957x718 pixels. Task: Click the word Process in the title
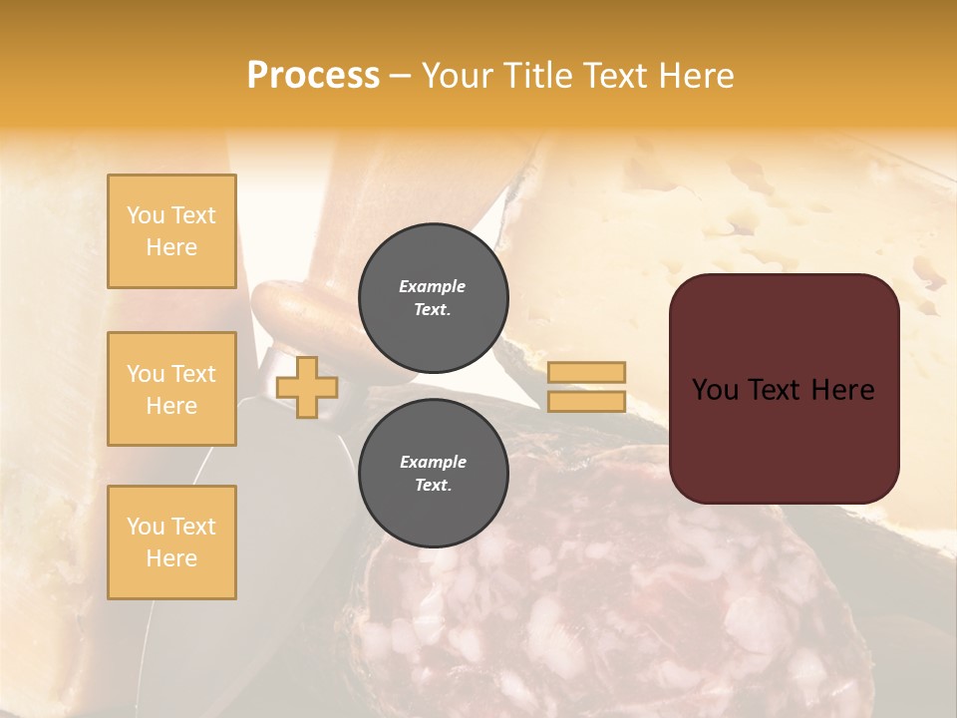click(x=313, y=76)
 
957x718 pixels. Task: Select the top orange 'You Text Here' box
click(x=171, y=231)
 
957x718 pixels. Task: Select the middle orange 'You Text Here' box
click(x=171, y=389)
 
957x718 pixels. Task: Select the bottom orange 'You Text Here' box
click(x=171, y=541)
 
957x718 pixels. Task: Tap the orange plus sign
click(x=307, y=388)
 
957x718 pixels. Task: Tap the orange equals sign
click(x=586, y=387)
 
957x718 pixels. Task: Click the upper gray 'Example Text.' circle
click(x=433, y=298)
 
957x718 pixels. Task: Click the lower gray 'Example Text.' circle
click(x=433, y=474)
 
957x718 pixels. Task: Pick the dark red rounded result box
click(x=784, y=389)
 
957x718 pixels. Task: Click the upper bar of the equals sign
click(x=586, y=373)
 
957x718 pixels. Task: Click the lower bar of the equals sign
click(x=586, y=401)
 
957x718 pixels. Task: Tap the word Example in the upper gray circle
click(x=433, y=286)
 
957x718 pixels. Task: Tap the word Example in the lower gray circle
click(x=433, y=462)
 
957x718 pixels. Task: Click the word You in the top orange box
click(x=146, y=215)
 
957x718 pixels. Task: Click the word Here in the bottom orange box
click(x=171, y=558)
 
